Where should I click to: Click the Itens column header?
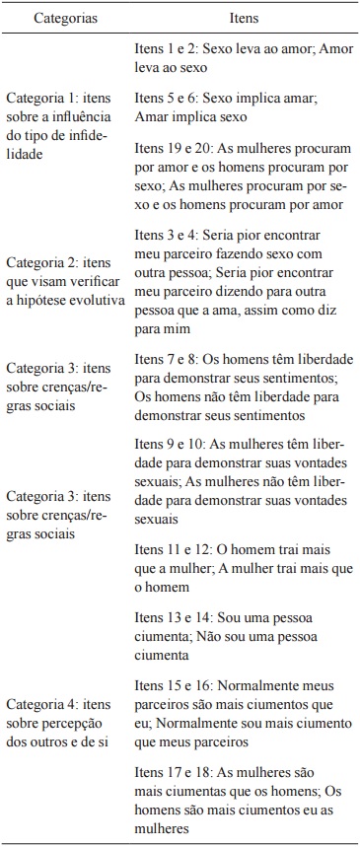[243, 18]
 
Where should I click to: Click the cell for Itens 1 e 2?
[242, 55]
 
